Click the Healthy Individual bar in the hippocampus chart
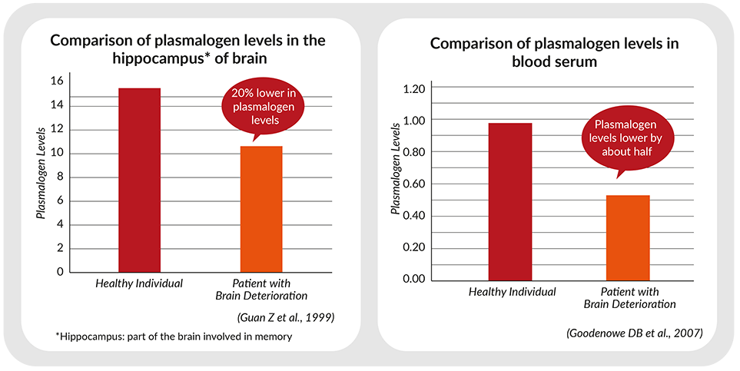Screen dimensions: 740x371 click(139, 180)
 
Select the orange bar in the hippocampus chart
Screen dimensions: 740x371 click(261, 209)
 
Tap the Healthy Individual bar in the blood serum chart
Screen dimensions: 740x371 click(510, 201)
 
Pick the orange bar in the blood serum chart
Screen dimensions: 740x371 click(628, 237)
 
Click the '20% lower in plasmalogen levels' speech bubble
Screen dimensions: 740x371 click(264, 107)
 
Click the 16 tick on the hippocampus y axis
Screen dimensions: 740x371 click(57, 81)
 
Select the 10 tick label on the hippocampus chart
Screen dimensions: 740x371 click(57, 154)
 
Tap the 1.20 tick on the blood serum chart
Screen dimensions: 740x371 click(414, 88)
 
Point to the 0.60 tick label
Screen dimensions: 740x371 click(414, 184)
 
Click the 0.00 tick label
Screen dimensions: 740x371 click(414, 280)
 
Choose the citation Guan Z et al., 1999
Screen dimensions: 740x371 click(286, 318)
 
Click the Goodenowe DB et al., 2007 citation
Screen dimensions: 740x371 click(634, 333)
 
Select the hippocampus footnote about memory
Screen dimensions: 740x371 click(173, 337)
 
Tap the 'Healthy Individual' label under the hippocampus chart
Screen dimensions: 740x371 click(139, 283)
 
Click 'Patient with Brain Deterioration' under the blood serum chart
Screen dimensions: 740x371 click(629, 298)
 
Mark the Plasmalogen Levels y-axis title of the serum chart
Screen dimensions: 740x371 click(396, 169)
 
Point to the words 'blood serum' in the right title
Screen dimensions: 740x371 click(555, 61)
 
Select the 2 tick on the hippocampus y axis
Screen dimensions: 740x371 click(60, 249)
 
